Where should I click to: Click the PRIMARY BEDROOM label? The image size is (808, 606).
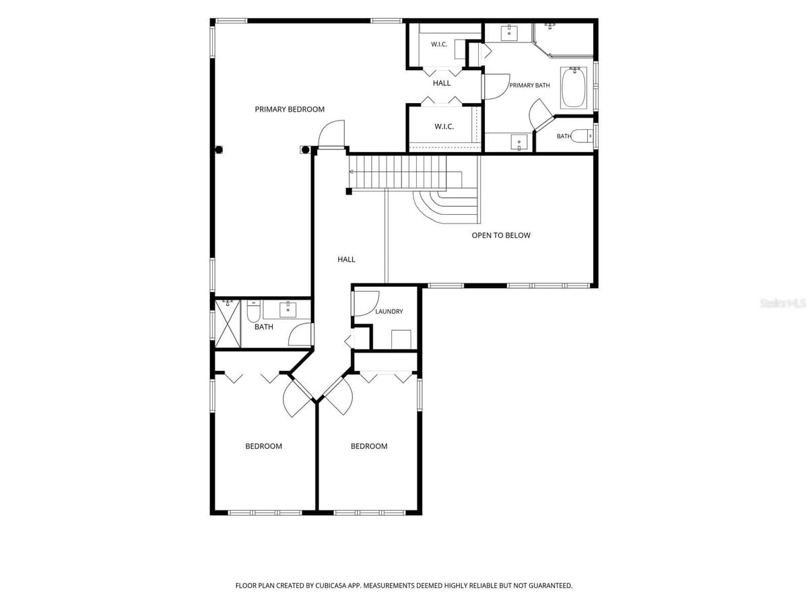[290, 109]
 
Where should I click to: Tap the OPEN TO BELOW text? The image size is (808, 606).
[501, 236]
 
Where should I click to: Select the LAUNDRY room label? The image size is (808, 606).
[389, 312]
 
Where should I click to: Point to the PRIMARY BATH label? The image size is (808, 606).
[529, 86]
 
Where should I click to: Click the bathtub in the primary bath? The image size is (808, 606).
[573, 88]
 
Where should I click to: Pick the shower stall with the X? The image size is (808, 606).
[228, 324]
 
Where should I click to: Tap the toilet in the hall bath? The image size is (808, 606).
[253, 311]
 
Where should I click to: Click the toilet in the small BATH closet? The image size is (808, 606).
[584, 136]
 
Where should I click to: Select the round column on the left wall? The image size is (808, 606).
[219, 149]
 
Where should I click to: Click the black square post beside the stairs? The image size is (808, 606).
[349, 191]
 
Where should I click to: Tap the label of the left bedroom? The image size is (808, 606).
[263, 446]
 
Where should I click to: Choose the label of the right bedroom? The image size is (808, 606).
[369, 446]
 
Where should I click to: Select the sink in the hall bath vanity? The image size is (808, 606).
[288, 310]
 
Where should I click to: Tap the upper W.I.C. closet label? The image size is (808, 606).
[439, 44]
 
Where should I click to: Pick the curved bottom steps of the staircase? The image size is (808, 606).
[446, 207]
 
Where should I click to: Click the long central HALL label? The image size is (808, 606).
[346, 259]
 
